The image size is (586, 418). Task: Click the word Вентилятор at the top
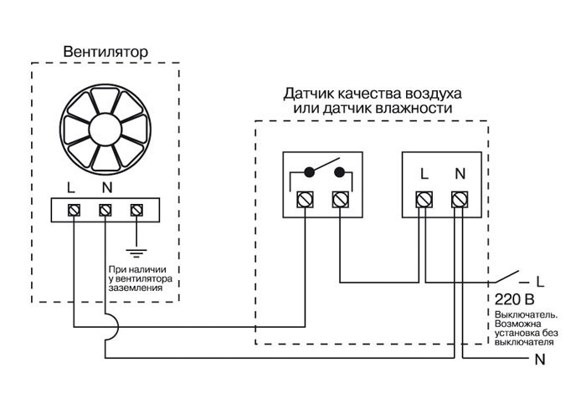click(105, 52)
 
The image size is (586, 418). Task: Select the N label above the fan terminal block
click(105, 187)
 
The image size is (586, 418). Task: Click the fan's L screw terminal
click(73, 209)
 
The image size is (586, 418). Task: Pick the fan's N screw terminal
click(105, 209)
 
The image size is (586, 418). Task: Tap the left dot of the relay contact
click(309, 173)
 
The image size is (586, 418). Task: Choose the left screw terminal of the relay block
click(305, 199)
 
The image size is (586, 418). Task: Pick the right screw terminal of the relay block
click(340, 199)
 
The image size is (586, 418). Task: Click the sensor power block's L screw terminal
click(424, 199)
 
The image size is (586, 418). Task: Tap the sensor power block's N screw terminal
click(459, 199)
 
